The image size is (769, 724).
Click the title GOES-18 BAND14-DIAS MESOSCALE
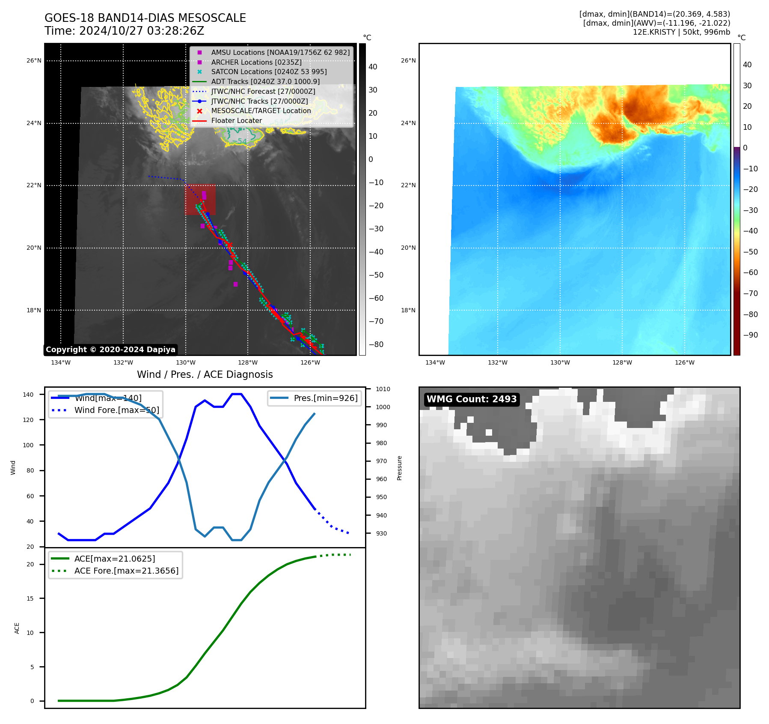[x=145, y=18]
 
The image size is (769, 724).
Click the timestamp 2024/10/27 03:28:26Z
[x=142, y=31]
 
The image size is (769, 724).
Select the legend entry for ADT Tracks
[x=265, y=81]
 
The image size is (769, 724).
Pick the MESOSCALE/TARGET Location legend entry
[x=261, y=111]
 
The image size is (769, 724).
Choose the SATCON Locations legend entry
[x=269, y=72]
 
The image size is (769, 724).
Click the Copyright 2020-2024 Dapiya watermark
[x=110, y=350]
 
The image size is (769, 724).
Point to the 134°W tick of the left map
[x=61, y=363]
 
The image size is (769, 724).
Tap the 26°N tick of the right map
[x=408, y=61]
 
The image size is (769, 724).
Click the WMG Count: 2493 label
[x=472, y=399]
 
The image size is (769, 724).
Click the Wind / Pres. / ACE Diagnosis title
[x=205, y=374]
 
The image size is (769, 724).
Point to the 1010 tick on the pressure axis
[x=383, y=389]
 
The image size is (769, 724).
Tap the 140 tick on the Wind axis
[x=28, y=395]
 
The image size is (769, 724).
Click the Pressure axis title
[x=399, y=468]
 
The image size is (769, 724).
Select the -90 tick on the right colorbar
[x=750, y=335]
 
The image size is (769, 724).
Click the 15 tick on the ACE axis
[x=30, y=598]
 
